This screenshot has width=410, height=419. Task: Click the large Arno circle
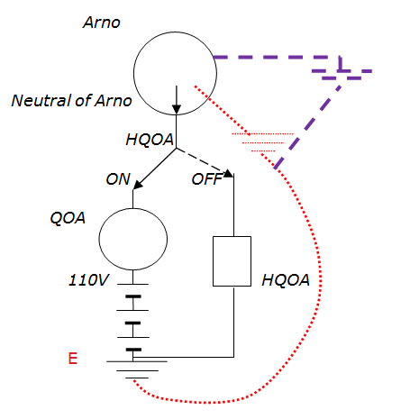click(134, 74)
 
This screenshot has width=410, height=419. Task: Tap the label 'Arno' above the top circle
click(102, 23)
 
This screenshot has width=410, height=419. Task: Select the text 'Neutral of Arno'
click(71, 100)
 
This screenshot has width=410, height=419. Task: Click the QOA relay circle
click(99, 239)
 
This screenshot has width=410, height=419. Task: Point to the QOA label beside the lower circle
click(68, 218)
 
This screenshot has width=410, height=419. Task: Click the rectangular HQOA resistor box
click(214, 261)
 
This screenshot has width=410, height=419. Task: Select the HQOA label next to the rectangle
click(286, 280)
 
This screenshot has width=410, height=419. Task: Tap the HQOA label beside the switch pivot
click(150, 140)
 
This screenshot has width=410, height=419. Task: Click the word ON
click(118, 179)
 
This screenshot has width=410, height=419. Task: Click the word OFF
click(206, 179)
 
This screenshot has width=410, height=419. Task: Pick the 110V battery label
click(89, 280)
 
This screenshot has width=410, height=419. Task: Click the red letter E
click(73, 359)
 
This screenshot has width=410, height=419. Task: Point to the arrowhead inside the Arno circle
click(177, 109)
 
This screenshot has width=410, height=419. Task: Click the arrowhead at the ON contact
click(137, 185)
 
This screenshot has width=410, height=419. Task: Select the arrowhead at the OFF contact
click(229, 173)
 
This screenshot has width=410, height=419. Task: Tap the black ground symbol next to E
click(137, 369)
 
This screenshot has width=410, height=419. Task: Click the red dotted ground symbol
click(262, 142)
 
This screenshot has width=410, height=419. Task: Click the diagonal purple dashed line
click(307, 127)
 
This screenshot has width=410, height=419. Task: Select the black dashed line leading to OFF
click(201, 161)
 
